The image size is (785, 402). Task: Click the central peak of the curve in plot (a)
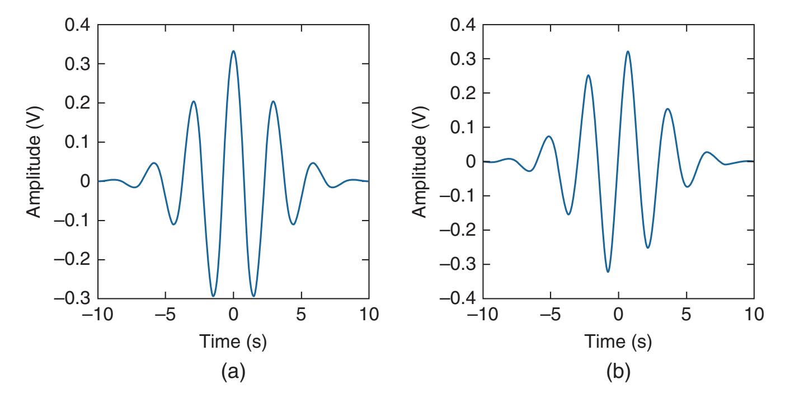coord(233,51)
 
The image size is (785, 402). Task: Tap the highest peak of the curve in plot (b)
coord(628,52)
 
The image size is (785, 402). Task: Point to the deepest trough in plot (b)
coord(608,272)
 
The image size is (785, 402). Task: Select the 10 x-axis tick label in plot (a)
coord(368,315)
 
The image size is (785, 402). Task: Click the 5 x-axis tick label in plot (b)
coord(687,315)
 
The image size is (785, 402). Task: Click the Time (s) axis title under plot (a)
coord(233,342)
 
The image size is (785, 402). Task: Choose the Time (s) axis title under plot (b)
coord(618,342)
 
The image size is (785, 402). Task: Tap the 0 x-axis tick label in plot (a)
coord(233,315)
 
